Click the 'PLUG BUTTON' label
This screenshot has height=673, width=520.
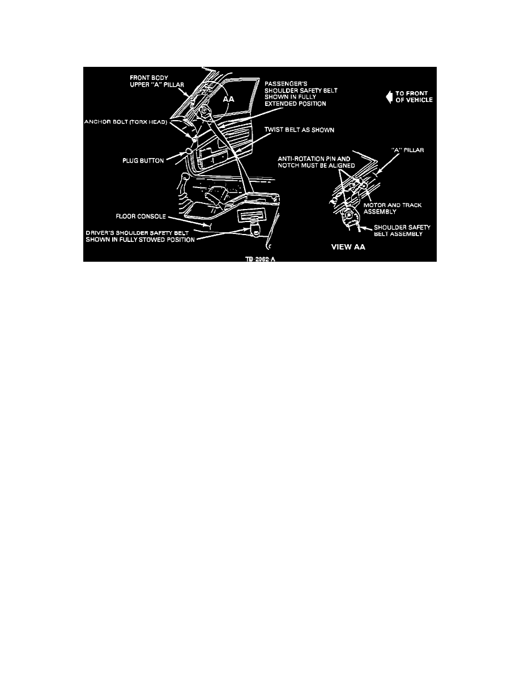[143, 161]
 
